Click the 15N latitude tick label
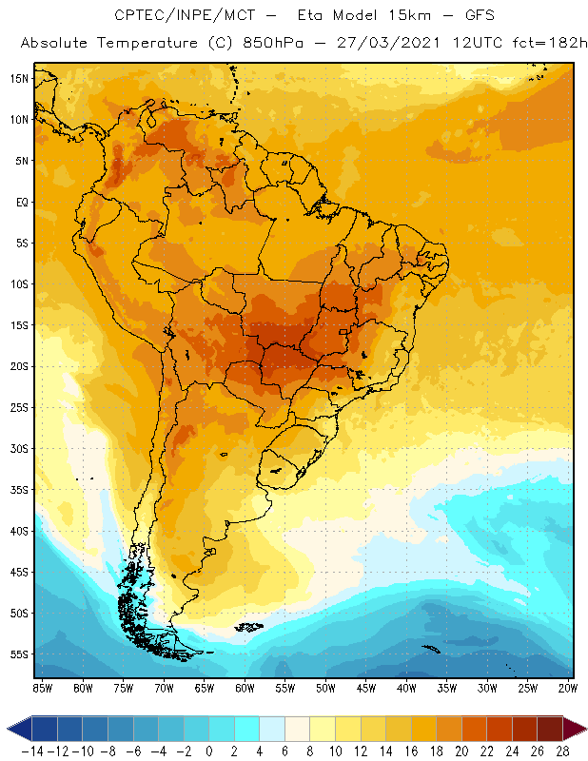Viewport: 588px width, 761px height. pos(19,78)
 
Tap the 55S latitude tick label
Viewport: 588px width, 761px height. pos(19,654)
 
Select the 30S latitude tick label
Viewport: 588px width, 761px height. pos(19,448)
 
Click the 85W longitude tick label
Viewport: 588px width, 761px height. pos(42,687)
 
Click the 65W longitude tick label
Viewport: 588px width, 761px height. pos(204,687)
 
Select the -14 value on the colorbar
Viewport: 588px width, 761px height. pos(32,751)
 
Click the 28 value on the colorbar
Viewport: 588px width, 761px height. pos(563,751)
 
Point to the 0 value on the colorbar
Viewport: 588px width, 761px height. pos(209,751)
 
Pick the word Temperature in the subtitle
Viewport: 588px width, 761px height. pos(143,44)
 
